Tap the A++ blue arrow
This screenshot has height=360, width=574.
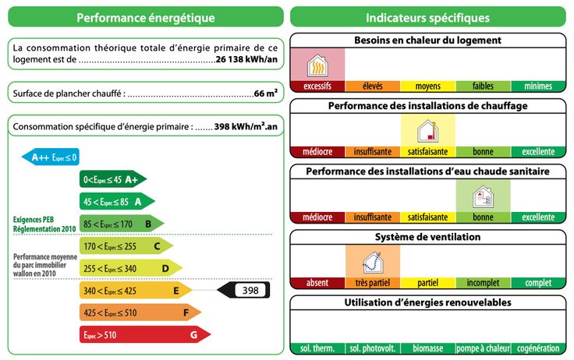tap(51, 157)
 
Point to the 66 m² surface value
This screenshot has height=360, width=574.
tap(266, 94)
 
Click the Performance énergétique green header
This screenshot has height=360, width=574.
tap(146, 17)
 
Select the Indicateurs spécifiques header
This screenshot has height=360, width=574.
tap(427, 17)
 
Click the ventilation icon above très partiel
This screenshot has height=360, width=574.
tap(372, 261)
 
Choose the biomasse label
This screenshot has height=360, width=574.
tap(427, 348)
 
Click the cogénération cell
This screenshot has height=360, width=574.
tap(538, 348)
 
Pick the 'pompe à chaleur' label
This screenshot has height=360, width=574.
tap(483, 348)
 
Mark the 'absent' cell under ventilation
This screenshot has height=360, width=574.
tap(317, 283)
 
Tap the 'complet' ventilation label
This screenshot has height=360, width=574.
tap(538, 283)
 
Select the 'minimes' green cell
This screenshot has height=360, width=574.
tap(538, 86)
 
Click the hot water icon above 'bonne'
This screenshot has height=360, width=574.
tap(483, 195)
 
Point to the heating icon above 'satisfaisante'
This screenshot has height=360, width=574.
tap(427, 129)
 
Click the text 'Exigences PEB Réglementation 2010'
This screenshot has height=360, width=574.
tap(44, 224)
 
